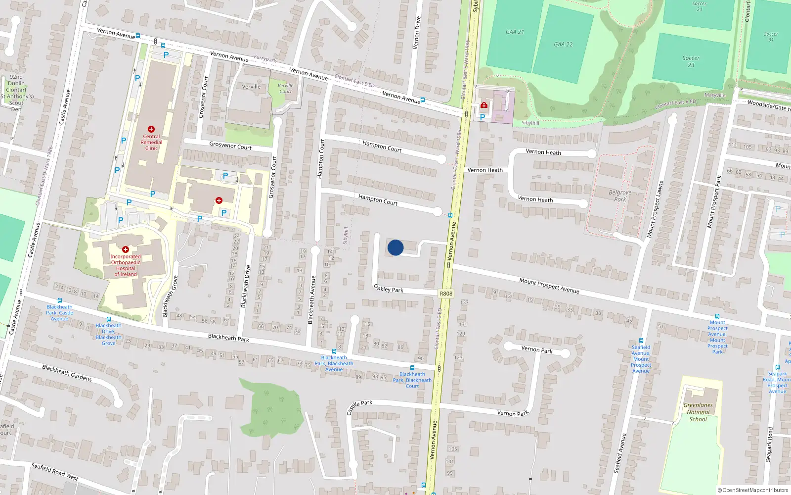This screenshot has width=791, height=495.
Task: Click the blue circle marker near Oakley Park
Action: click(x=395, y=247)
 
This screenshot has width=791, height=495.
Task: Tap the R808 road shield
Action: click(x=446, y=294)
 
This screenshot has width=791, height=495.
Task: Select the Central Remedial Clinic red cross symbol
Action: click(x=151, y=129)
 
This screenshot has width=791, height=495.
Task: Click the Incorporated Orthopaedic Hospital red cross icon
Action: click(x=126, y=249)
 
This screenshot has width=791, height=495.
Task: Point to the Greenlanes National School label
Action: click(x=698, y=412)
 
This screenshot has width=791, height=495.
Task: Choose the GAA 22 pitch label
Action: click(x=563, y=45)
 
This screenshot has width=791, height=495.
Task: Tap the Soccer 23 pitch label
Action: click(x=691, y=61)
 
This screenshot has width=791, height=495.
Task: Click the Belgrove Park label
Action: click(x=620, y=196)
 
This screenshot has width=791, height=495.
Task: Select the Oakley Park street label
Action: click(x=389, y=288)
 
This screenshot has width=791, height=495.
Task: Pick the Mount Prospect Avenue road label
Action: click(x=549, y=286)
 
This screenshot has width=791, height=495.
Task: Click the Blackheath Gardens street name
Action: click(x=67, y=373)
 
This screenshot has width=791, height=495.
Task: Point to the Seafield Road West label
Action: click(x=54, y=472)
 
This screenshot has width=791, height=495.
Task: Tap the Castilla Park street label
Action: click(x=359, y=407)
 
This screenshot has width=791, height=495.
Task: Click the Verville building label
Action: click(x=251, y=87)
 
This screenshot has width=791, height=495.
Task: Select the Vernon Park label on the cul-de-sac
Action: click(x=537, y=349)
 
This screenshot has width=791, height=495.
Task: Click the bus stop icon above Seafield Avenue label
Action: click(x=641, y=341)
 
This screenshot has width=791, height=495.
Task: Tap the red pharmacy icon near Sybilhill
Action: click(x=484, y=105)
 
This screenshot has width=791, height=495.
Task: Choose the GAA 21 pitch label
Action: click(x=515, y=32)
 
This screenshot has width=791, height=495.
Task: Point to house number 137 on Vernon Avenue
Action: click(x=464, y=302)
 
